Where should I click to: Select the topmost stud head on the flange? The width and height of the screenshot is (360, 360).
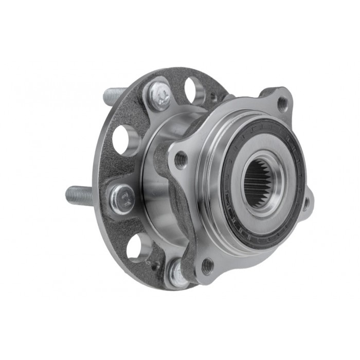tap(159, 94)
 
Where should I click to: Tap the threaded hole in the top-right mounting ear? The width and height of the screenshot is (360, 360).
tap(282, 104)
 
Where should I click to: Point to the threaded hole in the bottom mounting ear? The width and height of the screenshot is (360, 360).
tap(207, 266)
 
